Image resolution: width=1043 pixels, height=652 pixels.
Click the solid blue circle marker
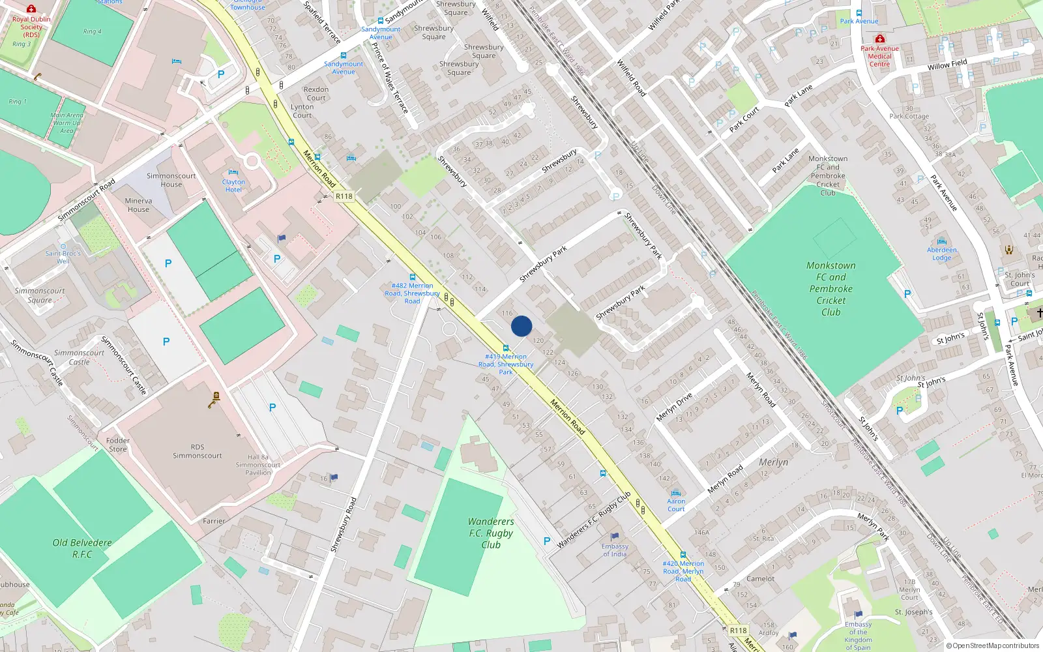pyautogui.click(x=521, y=326)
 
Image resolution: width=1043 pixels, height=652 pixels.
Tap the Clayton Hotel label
pyautogui.click(x=233, y=186)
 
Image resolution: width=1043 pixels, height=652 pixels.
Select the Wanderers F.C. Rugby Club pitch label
pyautogui.click(x=490, y=533)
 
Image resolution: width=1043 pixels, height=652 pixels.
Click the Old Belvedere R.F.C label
pyautogui.click(x=82, y=548)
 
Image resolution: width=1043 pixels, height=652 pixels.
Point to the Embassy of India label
pyautogui.click(x=615, y=550)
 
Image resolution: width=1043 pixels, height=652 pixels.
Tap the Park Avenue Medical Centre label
pyautogui.click(x=879, y=56)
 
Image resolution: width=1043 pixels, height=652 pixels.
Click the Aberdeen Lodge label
pyautogui.click(x=942, y=254)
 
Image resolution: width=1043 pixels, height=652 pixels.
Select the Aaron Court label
pyautogui.click(x=676, y=505)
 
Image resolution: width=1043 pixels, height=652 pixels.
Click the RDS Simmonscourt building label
pyautogui.click(x=197, y=451)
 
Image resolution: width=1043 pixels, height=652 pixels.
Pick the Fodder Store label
pyautogui.click(x=118, y=445)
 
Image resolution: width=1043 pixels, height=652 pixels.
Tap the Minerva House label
pyautogui.click(x=138, y=205)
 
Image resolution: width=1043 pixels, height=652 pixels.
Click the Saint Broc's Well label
pyautogui.click(x=63, y=257)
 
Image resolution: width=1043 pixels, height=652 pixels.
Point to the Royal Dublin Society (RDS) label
pyautogui.click(x=31, y=27)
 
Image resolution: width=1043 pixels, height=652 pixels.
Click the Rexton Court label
pyautogui.click(x=316, y=94)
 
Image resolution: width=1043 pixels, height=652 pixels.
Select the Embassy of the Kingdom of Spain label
pyautogui.click(x=858, y=636)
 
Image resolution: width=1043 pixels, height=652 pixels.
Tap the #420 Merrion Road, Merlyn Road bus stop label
pyautogui.click(x=683, y=571)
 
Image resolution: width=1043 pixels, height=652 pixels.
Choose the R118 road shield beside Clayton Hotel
pyautogui.click(x=344, y=196)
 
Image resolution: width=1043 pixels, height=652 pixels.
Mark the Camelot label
pyautogui.click(x=760, y=579)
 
